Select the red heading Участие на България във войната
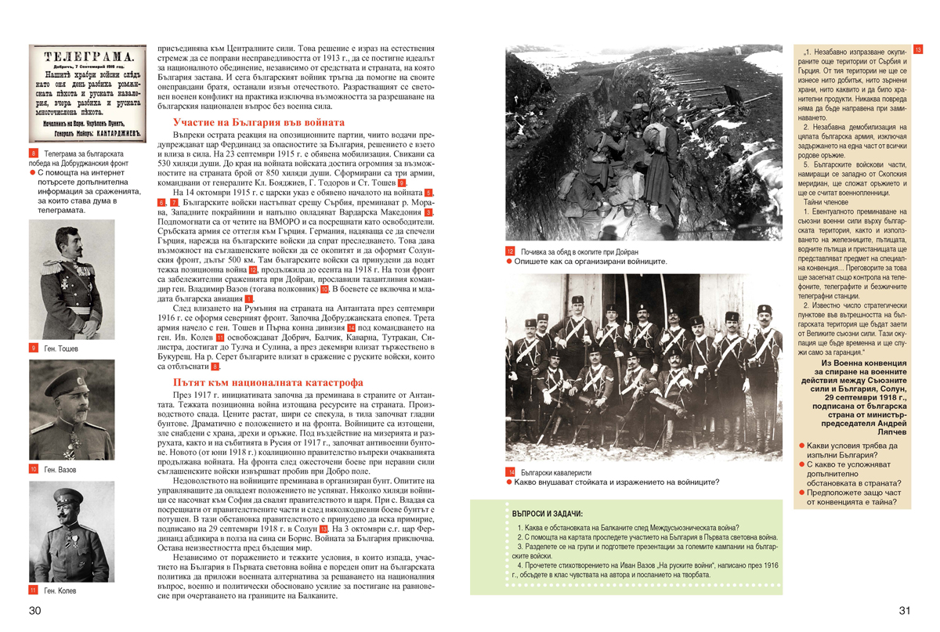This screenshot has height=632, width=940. tap(258, 123)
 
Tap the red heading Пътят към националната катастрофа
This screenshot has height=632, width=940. tap(268, 382)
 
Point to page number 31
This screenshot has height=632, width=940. tap(905, 611)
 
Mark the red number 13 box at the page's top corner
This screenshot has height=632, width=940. tap(918, 49)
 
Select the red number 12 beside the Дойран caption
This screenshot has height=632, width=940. tap(510, 251)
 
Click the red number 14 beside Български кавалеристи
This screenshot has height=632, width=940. tap(510, 473)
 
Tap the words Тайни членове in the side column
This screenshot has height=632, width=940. tap(819, 202)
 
